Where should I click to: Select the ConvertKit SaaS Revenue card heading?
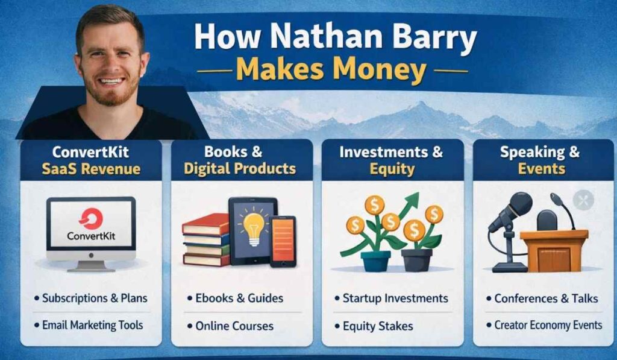pyautogui.click(x=90, y=160)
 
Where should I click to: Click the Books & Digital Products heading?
pyautogui.click(x=241, y=160)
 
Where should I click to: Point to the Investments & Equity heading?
pyautogui.click(x=392, y=160)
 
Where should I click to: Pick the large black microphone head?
pyautogui.click(x=518, y=204)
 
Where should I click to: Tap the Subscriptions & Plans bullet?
pyautogui.click(x=95, y=298)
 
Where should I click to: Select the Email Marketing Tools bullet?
pyautogui.click(x=92, y=325)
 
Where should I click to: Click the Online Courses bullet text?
pyautogui.click(x=234, y=326)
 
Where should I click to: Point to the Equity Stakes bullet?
pyautogui.click(x=378, y=326)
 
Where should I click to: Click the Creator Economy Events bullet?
pyautogui.click(x=548, y=325)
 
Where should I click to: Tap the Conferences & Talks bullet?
pyautogui.click(x=546, y=298)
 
